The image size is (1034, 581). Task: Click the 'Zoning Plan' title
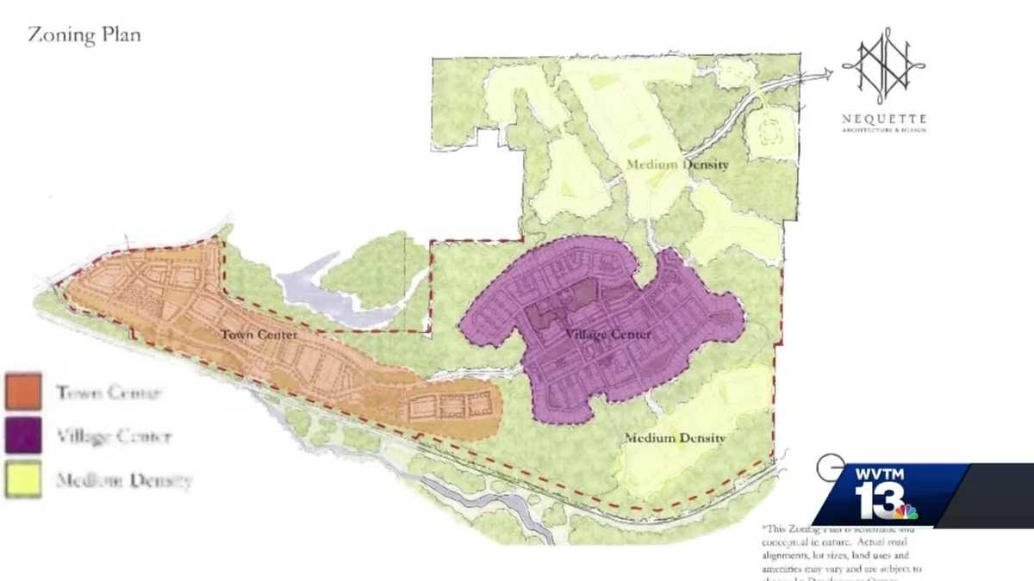(84, 35)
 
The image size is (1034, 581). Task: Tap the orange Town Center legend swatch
(23, 391)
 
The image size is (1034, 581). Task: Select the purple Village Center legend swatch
(23, 435)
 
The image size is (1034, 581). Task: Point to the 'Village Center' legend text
(114, 436)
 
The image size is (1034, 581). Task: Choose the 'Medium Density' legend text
(123, 480)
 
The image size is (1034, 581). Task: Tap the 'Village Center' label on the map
(607, 334)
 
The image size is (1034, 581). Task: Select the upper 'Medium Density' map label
(677, 164)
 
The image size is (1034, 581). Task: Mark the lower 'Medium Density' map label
(675, 438)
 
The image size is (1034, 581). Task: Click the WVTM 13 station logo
(888, 494)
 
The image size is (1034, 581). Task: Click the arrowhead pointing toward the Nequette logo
(828, 74)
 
